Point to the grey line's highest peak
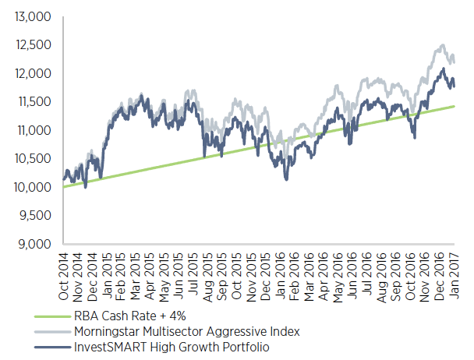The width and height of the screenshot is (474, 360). click(443, 45)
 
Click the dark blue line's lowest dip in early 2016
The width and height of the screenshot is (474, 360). click(287, 180)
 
